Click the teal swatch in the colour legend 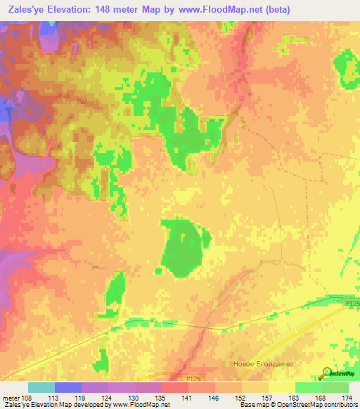pyautogui.click(x=41, y=387)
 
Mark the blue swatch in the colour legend pyautogui.click(x=68, y=387)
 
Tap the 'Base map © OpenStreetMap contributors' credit pyautogui.click(x=297, y=405)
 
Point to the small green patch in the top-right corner pyautogui.click(x=345, y=62)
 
